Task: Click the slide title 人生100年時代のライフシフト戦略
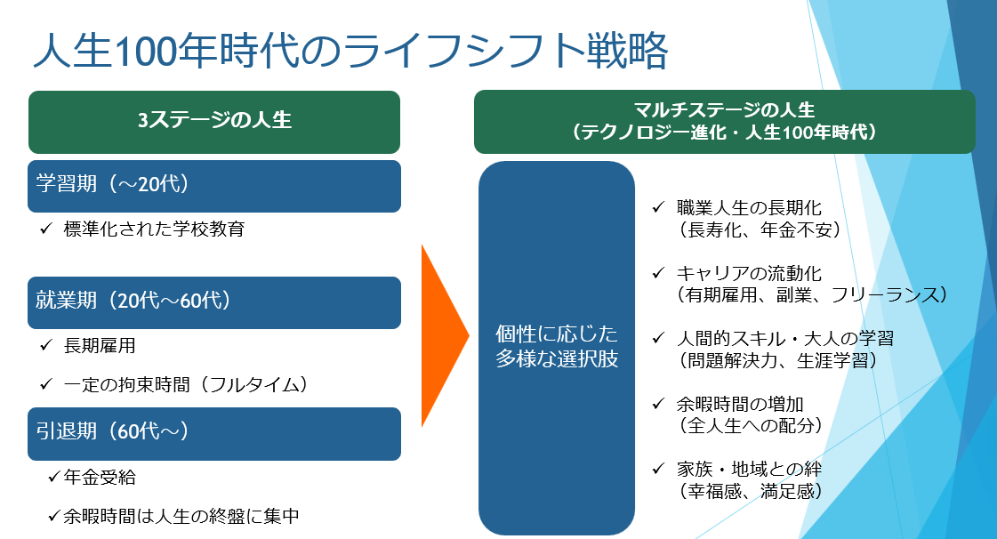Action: click(350, 52)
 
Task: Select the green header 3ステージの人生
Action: click(214, 121)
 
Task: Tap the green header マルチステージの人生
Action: click(724, 121)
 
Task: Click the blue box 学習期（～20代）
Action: click(214, 185)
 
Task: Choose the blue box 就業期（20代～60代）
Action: click(214, 302)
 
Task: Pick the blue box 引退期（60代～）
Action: click(214, 432)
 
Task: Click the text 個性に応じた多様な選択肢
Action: click(557, 347)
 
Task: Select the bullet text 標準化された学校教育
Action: click(154, 229)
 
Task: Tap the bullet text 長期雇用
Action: click(100, 346)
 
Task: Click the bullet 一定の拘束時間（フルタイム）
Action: click(185, 385)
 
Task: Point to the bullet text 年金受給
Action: click(100, 478)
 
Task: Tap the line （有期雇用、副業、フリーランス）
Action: click(810, 294)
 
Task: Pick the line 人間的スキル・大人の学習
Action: click(784, 338)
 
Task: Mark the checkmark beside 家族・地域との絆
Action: click(658, 468)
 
